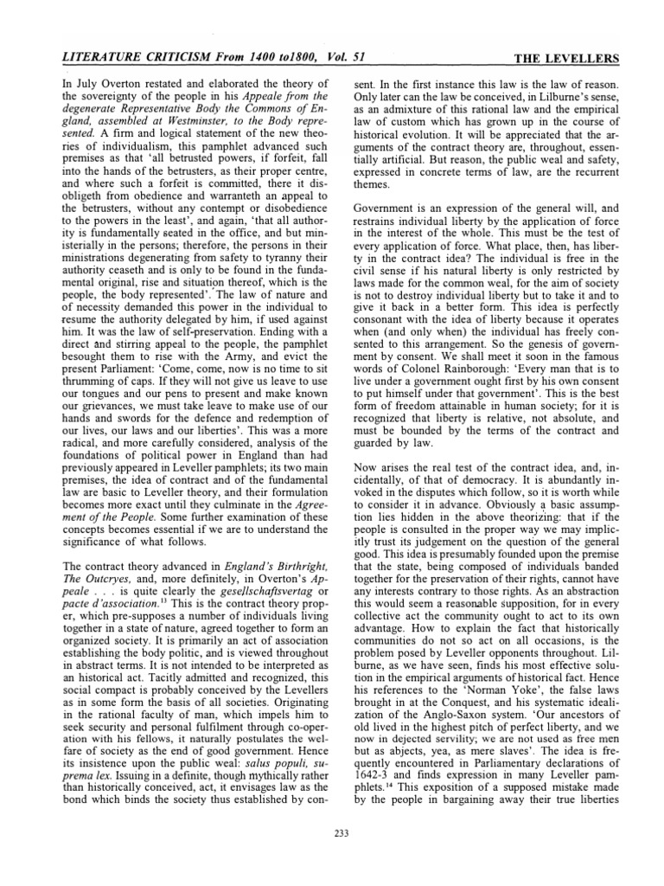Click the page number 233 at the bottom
(340, 832)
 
